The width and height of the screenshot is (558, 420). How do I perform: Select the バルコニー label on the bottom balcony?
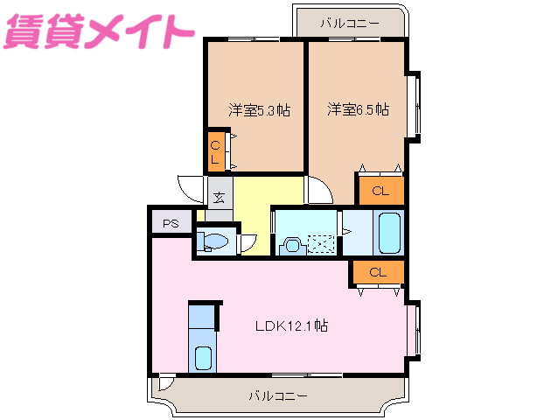click(x=278, y=395)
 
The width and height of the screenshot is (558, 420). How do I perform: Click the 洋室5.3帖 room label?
click(x=260, y=110)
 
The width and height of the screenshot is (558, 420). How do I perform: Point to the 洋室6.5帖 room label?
click(x=359, y=110)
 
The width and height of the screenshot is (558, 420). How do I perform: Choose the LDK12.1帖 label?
click(x=291, y=325)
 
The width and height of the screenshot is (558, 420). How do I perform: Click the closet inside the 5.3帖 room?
click(x=215, y=151)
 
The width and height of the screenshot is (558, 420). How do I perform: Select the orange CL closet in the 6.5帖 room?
click(x=380, y=190)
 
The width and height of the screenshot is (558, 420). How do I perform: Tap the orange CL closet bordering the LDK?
click(x=378, y=272)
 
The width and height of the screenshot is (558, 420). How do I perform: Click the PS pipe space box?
click(x=171, y=223)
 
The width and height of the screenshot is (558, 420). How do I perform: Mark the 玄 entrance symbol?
click(x=219, y=198)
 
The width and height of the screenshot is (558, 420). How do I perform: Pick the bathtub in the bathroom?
click(x=388, y=233)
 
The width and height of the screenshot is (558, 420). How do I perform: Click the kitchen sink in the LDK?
click(x=203, y=357)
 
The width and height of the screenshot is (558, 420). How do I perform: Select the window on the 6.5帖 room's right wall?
click(x=415, y=103)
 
